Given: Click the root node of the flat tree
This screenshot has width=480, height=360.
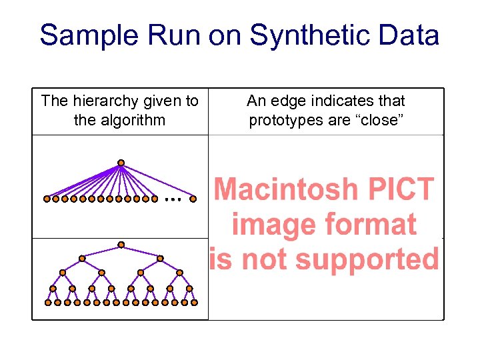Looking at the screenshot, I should tap(121, 162).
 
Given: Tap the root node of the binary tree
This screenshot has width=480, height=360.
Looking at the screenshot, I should tap(121, 244).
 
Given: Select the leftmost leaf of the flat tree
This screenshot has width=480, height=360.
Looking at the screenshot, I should tap(47, 199).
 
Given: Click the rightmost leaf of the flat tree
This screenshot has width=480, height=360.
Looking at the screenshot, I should tap(193, 199).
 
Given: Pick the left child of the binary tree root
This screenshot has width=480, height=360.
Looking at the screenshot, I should tap(82, 258).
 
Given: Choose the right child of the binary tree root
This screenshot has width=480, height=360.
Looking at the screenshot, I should tap(160, 258).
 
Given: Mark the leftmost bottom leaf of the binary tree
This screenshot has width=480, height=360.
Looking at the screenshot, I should tap(47, 302).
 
